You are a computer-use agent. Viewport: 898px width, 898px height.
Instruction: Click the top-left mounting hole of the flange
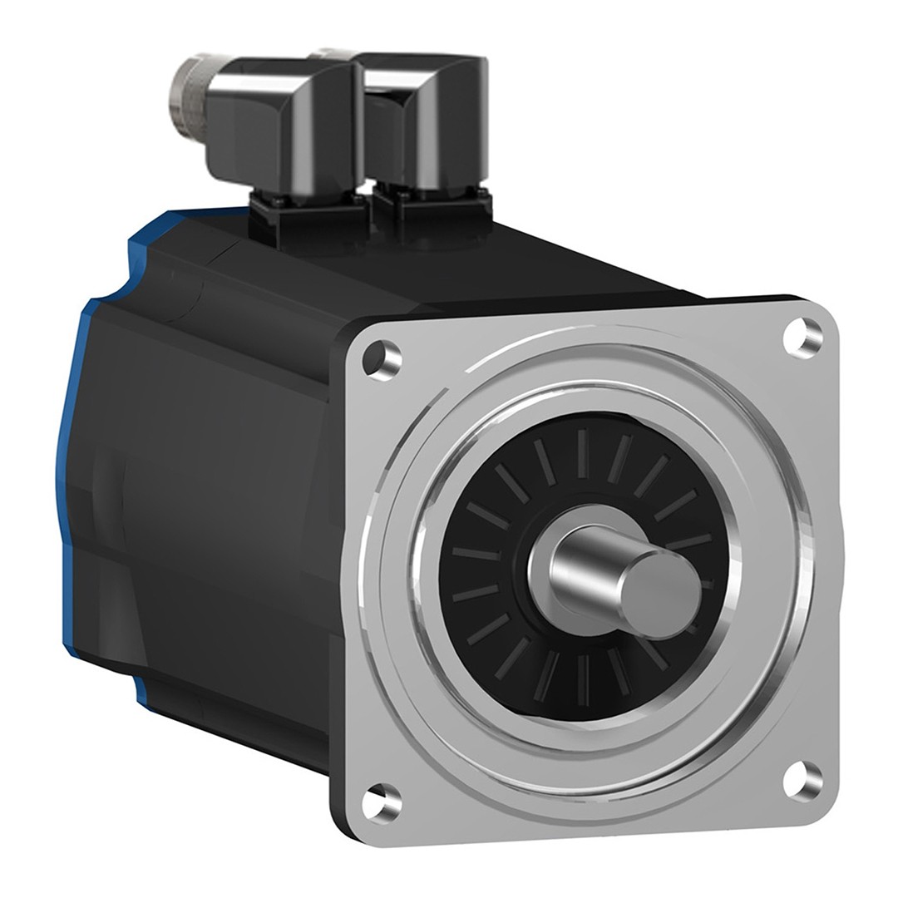[x=383, y=359]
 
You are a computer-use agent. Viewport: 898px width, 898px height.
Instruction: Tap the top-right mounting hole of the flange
[x=803, y=338]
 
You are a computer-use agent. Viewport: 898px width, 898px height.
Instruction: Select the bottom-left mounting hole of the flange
[x=382, y=802]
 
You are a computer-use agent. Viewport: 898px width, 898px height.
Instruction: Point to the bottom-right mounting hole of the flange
[x=803, y=780]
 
